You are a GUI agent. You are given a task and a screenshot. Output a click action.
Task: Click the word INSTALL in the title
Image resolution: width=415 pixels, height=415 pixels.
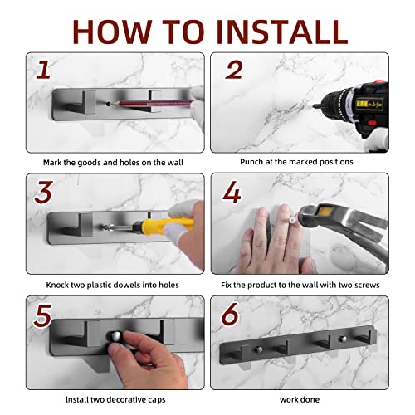click(x=281, y=32)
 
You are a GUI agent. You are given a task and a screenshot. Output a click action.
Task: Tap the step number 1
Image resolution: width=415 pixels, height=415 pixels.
click(x=43, y=70)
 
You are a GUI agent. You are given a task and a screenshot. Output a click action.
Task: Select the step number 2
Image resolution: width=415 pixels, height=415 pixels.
click(x=234, y=71)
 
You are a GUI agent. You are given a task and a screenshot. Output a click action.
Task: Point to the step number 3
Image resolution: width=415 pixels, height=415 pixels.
click(x=44, y=192)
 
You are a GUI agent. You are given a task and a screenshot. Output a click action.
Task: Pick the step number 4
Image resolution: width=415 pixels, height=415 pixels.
click(x=232, y=193)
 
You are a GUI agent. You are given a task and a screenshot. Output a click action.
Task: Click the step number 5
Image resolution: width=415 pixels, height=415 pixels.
click(x=42, y=315)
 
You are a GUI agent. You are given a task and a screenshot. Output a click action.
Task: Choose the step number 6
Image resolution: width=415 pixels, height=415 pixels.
click(x=230, y=315)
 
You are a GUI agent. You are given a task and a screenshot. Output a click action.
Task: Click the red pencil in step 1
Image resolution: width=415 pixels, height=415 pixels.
click(x=149, y=104)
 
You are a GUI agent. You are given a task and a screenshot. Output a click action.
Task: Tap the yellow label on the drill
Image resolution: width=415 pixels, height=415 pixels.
click(x=369, y=104)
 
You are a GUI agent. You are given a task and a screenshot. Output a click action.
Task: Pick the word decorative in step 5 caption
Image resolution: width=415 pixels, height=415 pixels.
click(x=128, y=399)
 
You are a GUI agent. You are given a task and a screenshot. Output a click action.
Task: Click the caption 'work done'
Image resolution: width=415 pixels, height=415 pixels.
click(x=300, y=400)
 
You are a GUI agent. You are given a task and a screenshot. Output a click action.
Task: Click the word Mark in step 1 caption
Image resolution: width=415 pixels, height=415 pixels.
click(x=52, y=163)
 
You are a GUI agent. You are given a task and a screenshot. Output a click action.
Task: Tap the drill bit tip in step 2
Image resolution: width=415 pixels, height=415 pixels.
click(x=314, y=106)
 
